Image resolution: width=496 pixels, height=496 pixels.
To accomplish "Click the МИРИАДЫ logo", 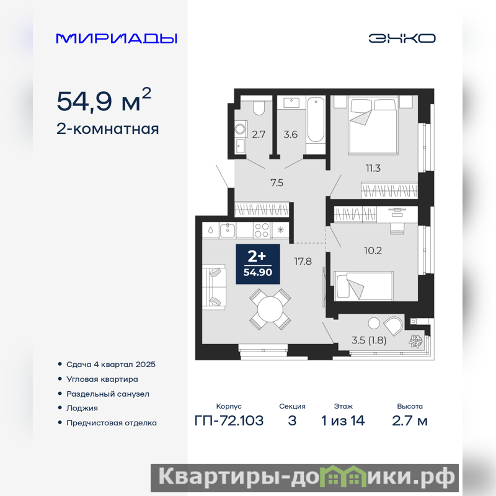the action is [x=117, y=38].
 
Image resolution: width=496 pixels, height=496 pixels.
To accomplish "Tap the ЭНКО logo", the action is [x=402, y=38].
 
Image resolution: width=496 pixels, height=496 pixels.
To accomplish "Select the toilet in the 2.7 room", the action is [x=259, y=108].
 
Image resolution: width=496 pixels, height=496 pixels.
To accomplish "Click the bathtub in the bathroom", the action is [x=316, y=120].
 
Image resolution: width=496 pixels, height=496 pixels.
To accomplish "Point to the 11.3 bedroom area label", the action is [x=373, y=168].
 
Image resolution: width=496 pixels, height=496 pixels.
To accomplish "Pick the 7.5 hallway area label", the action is [x=277, y=182].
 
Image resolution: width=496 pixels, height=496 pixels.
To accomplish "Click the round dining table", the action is [x=270, y=309].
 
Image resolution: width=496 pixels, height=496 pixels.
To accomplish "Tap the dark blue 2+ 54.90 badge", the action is [x=258, y=264].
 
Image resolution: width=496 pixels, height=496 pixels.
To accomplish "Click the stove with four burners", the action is [x=262, y=230].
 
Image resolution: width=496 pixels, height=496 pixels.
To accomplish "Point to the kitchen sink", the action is [x=227, y=230].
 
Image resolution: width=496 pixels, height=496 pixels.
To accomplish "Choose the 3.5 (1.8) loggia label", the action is [x=369, y=340].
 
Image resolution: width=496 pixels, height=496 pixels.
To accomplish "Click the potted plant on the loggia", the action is [x=415, y=341].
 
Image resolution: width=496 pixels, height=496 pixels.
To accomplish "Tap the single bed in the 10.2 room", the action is [x=364, y=286].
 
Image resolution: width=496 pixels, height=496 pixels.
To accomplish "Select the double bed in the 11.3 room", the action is [x=373, y=126].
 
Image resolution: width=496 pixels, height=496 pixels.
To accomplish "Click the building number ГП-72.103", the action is [x=229, y=421].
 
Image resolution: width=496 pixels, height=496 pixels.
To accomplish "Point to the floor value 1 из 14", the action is [x=343, y=421].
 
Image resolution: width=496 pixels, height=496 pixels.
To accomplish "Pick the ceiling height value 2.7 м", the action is [x=410, y=421].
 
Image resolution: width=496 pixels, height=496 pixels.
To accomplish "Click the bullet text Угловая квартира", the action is [x=102, y=379].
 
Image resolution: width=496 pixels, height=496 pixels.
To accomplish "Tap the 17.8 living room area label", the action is [x=303, y=261].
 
